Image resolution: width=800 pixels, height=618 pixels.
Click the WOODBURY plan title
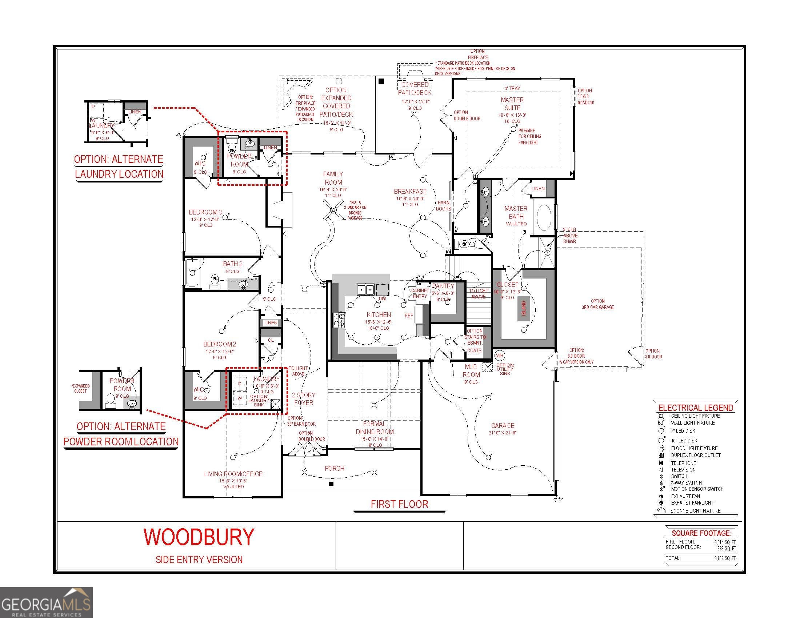coord(199,537)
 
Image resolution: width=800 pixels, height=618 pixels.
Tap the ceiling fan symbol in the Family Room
coord(333,210)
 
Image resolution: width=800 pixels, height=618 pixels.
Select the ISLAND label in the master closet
coord(523,309)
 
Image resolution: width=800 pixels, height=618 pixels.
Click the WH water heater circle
coord(500,355)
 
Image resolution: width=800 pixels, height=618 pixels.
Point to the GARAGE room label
coord(503,425)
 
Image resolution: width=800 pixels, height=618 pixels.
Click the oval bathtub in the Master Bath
coord(544,217)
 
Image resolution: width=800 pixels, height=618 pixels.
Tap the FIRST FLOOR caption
coord(399,504)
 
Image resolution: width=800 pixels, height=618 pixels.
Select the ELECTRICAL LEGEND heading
coord(696,408)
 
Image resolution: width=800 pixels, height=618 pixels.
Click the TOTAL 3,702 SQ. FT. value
coord(725,558)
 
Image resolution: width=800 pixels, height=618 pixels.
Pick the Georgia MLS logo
coord(46,602)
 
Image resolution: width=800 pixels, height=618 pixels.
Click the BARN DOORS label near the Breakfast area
coord(444,205)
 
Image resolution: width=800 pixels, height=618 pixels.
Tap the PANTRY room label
coord(443,286)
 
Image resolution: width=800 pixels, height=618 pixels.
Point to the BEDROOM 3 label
coord(205,212)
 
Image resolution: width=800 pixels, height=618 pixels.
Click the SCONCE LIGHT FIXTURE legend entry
coord(695,511)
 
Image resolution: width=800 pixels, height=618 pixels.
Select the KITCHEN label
coord(379,314)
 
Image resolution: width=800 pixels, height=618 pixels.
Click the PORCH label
coord(335,468)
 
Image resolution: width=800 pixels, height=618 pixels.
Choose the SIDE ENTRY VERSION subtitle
coord(199,559)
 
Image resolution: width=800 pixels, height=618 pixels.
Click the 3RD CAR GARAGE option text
coord(598,307)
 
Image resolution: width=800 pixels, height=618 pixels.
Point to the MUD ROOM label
coord(471,370)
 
